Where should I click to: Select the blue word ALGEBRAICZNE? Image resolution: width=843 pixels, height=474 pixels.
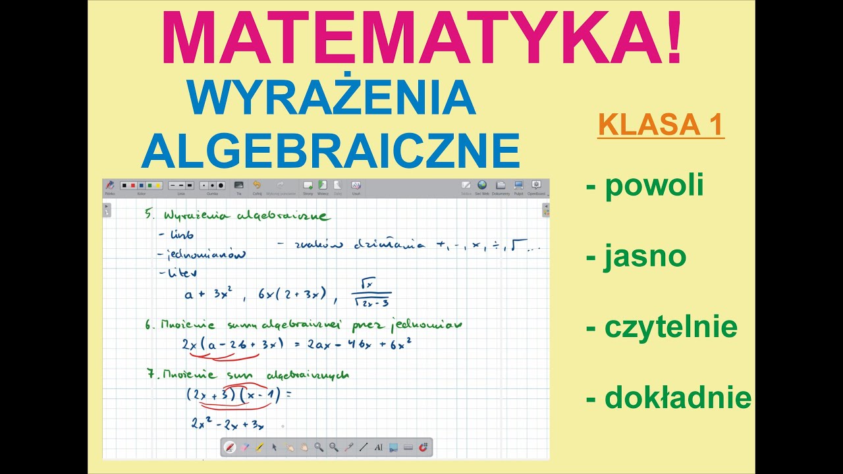[x=331, y=150]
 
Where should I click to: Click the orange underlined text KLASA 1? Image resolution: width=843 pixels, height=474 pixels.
[x=661, y=125]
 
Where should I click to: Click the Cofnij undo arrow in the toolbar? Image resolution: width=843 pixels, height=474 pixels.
[x=257, y=186]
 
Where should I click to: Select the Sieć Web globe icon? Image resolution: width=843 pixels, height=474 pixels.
[x=482, y=186]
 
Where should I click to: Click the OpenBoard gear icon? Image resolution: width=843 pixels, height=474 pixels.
[x=536, y=186]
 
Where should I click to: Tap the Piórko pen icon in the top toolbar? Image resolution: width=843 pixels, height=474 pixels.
[x=110, y=186]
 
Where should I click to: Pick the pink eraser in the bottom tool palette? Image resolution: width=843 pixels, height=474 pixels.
[x=244, y=447]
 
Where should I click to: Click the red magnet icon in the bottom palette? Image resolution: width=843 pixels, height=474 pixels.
[x=423, y=447]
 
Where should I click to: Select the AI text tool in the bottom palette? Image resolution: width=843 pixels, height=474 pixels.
[x=378, y=447]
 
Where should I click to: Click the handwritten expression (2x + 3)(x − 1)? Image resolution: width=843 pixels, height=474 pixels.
[x=233, y=395]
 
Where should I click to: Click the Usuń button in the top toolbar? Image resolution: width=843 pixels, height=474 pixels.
[x=356, y=186]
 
